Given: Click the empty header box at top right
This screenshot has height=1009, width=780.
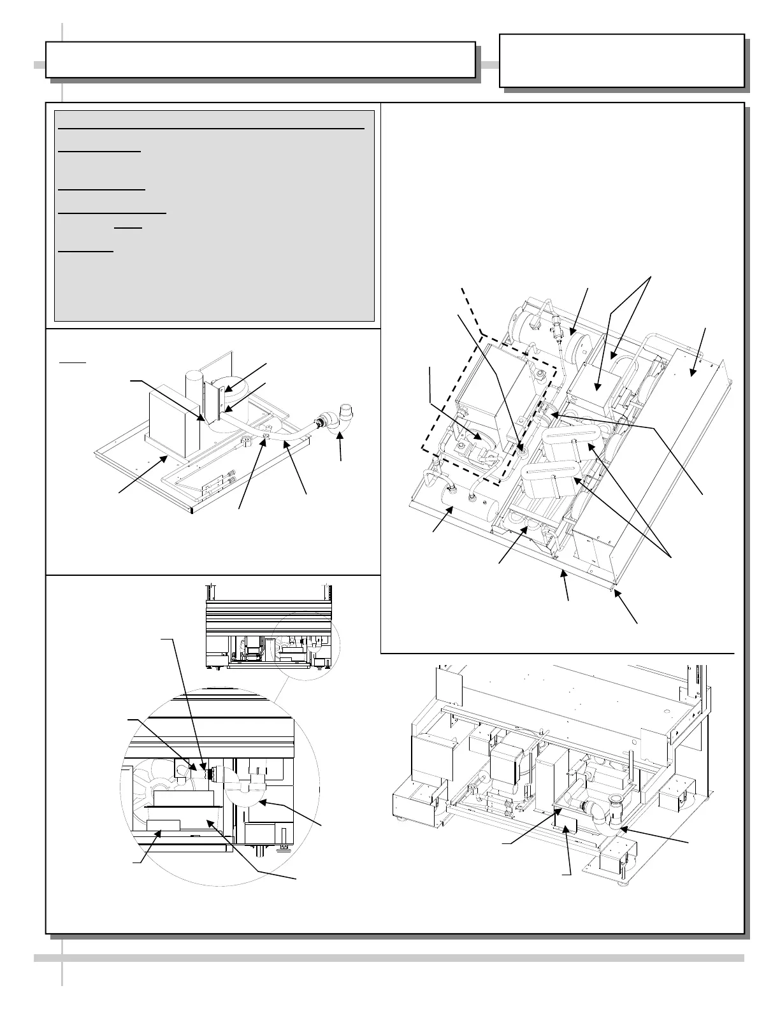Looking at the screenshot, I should (x=621, y=61).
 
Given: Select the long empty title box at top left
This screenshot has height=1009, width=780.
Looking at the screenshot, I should (x=260, y=59).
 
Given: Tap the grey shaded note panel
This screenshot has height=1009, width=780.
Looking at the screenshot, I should (x=214, y=217).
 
